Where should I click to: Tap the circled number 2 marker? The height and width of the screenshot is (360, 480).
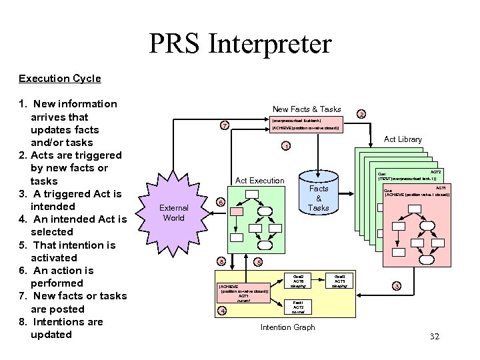(x=361, y=114)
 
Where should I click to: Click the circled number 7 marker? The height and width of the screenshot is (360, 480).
(x=225, y=125)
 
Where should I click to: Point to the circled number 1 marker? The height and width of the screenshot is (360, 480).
(x=285, y=146)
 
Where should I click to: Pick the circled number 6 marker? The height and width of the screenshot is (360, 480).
(x=221, y=202)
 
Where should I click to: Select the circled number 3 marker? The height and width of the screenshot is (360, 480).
(x=397, y=286)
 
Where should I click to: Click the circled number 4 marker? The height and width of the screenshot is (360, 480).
(x=223, y=310)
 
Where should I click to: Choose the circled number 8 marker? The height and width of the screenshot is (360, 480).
(x=221, y=261)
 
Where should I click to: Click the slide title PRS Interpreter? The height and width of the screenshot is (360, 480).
(x=240, y=44)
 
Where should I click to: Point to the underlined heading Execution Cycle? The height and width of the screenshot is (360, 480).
(x=60, y=79)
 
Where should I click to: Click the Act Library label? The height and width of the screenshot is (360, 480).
(x=403, y=139)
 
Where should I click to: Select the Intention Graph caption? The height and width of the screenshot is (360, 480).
(x=287, y=327)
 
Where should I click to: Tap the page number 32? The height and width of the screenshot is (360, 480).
(x=435, y=337)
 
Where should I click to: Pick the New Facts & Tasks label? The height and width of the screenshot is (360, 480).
(x=307, y=109)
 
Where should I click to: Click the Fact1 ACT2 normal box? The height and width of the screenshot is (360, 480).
(x=298, y=307)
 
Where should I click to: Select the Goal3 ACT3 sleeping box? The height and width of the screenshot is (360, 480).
(x=339, y=280)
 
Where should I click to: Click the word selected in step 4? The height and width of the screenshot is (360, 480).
(x=52, y=232)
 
